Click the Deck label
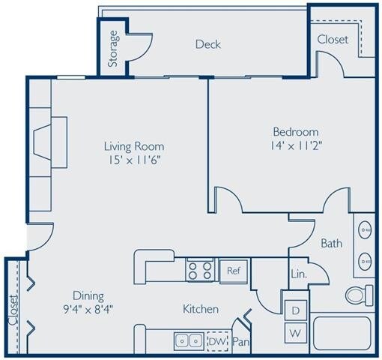(208, 44)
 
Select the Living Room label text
(134, 145)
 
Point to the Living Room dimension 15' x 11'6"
(135, 159)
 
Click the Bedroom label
(297, 131)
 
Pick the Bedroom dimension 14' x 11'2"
(297, 145)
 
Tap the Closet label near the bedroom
(332, 40)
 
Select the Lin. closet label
(298, 274)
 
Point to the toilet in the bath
(360, 294)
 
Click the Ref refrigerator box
(233, 270)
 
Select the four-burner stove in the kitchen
(199, 269)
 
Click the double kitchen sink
(187, 340)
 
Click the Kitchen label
(201, 308)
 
